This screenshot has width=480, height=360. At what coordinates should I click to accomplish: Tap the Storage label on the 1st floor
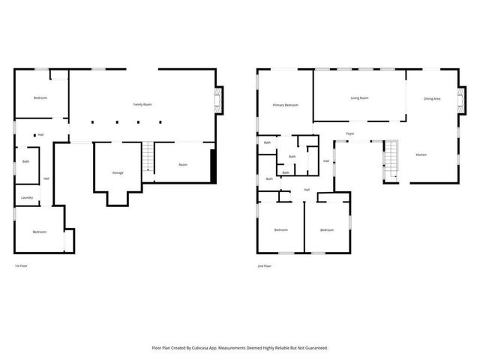(118, 173)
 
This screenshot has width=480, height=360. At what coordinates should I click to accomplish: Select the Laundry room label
(26, 198)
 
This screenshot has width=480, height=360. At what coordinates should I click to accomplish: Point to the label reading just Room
(182, 164)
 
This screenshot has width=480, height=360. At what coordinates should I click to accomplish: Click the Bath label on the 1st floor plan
(25, 161)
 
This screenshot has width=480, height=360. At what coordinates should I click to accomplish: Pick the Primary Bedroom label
(285, 105)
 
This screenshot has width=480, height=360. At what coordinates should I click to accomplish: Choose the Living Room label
(359, 97)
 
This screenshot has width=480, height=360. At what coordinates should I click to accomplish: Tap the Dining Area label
(432, 98)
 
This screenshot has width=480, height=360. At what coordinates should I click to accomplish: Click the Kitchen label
(421, 154)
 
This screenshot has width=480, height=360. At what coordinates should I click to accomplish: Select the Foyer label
(349, 134)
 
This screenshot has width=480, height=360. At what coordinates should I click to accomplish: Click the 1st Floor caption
(22, 265)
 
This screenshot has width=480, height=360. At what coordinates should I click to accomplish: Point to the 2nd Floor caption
(263, 265)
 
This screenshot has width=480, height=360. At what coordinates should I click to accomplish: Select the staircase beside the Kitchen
(390, 160)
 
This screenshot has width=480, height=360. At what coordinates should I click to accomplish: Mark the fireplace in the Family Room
(218, 100)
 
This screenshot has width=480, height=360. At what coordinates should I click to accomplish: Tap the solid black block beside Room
(214, 165)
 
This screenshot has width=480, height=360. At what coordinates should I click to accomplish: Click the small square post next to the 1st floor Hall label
(34, 134)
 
